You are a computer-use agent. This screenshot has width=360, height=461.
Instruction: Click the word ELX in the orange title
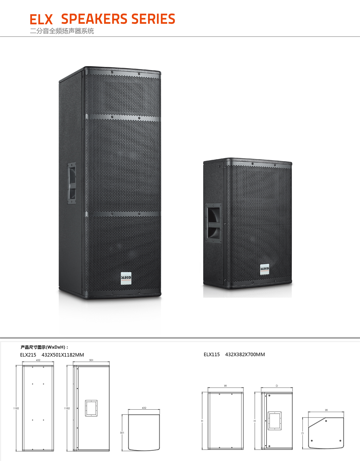pos(41,19)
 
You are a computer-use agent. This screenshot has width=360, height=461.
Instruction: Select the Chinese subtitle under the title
pos(62,31)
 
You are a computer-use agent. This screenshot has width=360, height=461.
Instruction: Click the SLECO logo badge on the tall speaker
pos(126,278)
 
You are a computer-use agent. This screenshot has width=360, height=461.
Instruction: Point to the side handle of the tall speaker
pos(72,183)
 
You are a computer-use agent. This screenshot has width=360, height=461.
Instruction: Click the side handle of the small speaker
pos(213,223)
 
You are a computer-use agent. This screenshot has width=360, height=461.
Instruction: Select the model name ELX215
pos(28,355)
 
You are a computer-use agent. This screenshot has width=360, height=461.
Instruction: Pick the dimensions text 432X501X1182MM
pos(63,355)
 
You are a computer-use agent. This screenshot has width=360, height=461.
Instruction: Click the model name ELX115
pos(211,354)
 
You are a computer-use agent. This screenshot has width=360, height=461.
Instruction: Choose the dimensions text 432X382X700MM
pos(245,354)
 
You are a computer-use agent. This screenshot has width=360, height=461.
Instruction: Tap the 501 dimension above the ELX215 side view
pos(91,360)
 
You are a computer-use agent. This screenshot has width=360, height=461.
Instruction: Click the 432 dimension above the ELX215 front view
pos(38,360)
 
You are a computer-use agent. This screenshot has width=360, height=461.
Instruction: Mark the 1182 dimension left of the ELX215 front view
pos(16,408)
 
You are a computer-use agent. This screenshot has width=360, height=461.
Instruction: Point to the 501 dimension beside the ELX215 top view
pos(122,432)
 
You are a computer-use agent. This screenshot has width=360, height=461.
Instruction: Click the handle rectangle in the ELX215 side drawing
pos(91,408)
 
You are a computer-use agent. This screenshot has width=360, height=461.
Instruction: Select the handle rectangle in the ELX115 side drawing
pos(274,421)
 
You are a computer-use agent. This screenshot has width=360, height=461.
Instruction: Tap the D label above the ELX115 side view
pos(277,386)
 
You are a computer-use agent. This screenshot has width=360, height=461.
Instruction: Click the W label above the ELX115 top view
pos(326,410)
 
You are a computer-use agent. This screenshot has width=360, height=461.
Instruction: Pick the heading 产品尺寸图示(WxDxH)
pos(44,347)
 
